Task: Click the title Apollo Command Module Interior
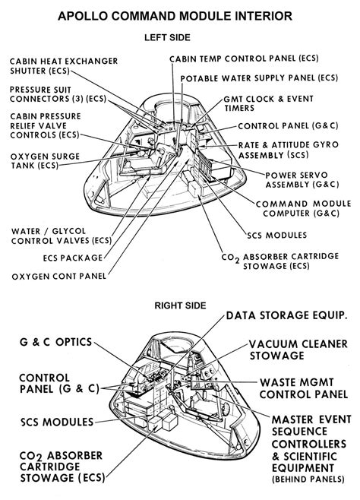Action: click(x=179, y=14)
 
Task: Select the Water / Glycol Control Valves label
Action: click(x=60, y=235)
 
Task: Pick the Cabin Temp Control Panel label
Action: click(x=245, y=58)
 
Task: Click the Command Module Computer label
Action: click(x=304, y=209)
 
